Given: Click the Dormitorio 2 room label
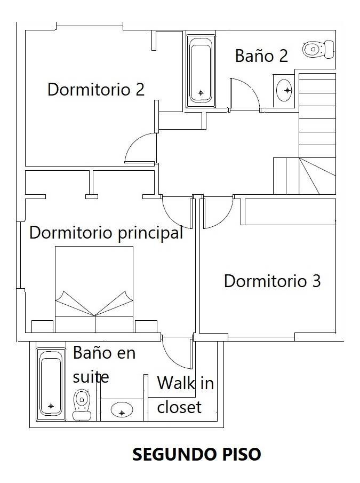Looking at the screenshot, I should (x=96, y=89).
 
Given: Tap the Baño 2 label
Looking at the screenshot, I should (x=261, y=56).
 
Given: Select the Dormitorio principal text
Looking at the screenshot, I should (x=106, y=233).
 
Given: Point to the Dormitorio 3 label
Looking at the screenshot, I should (x=272, y=281).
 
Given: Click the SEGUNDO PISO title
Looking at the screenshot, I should (x=196, y=454).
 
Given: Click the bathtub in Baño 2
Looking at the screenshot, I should (x=201, y=72).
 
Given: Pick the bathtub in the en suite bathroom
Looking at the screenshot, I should (x=51, y=384).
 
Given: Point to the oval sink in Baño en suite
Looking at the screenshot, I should (x=122, y=410).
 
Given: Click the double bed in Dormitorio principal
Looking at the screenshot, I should (x=94, y=288).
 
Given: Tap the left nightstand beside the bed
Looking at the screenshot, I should (x=43, y=326).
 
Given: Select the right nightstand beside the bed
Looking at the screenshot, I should (x=146, y=326).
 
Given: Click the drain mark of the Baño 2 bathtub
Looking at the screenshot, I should (x=201, y=93).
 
